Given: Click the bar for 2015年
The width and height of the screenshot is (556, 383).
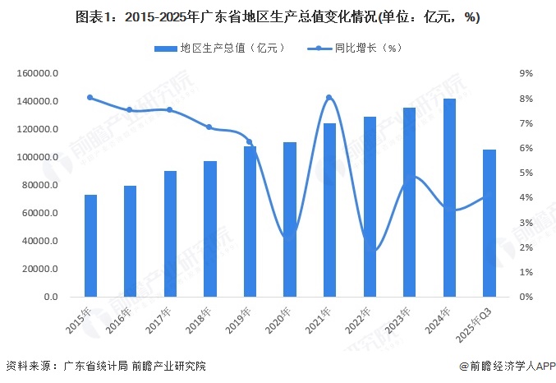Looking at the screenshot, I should click(x=91, y=246).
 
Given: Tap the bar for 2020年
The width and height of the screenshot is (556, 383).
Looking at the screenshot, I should click(x=290, y=219).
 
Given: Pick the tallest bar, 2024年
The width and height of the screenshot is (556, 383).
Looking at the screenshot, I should click(x=449, y=197).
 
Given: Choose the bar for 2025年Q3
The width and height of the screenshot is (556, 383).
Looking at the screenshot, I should click(x=489, y=223).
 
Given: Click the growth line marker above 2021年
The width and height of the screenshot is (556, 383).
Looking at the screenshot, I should click(x=329, y=98).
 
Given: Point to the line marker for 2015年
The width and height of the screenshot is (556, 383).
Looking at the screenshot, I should click(x=90, y=98).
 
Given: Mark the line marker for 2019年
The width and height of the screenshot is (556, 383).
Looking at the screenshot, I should click(x=250, y=142).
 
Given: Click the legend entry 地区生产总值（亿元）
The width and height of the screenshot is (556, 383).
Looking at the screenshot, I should click(x=219, y=48).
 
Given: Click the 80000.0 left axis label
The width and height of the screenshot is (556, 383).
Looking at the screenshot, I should click(x=39, y=185).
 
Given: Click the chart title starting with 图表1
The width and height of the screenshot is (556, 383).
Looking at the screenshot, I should click(x=278, y=16).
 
